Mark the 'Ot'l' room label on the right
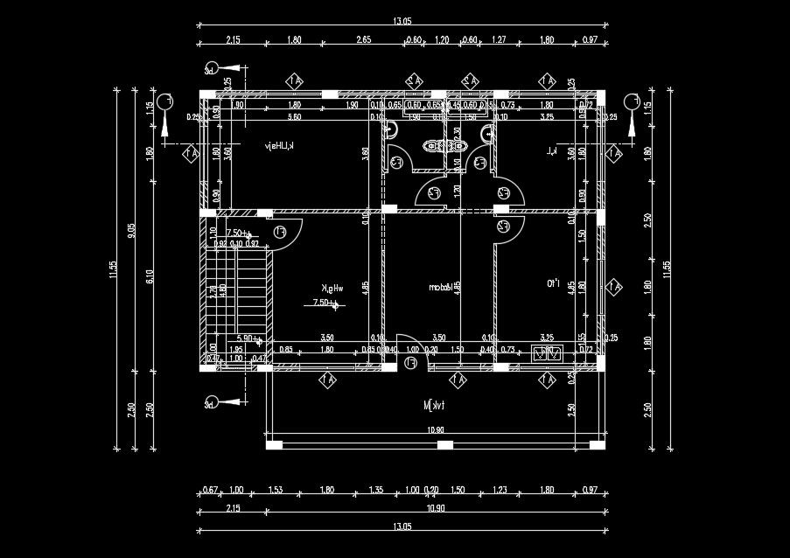pyautogui.click(x=553, y=283)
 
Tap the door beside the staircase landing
pyautogui.click(x=286, y=233)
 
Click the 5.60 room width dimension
pyautogui.click(x=294, y=116)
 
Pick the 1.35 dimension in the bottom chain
pyautogui.click(x=376, y=490)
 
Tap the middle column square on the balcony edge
pyautogui.click(x=445, y=445)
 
